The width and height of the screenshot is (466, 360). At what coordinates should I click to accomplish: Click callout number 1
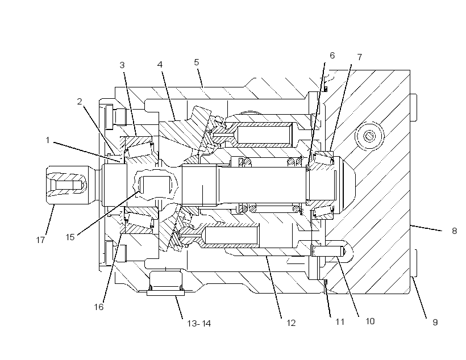pyautogui.click(x=48, y=140)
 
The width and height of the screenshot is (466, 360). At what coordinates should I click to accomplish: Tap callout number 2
pyautogui.click(x=80, y=102)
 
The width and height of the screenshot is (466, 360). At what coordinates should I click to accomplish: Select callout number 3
pyautogui.click(x=122, y=65)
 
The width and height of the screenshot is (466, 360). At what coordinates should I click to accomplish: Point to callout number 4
pyautogui.click(x=160, y=65)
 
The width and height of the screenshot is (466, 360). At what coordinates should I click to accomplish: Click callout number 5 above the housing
pyautogui.click(x=197, y=62)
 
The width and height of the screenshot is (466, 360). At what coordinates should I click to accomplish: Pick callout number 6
pyautogui.click(x=332, y=56)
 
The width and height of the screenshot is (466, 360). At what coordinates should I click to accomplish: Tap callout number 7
pyautogui.click(x=360, y=57)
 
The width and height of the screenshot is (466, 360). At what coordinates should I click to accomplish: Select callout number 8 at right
pyautogui.click(x=455, y=231)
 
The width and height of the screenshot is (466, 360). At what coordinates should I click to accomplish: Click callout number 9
pyautogui.click(x=435, y=323)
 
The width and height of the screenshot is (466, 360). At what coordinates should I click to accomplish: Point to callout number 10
pyautogui.click(x=370, y=321)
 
